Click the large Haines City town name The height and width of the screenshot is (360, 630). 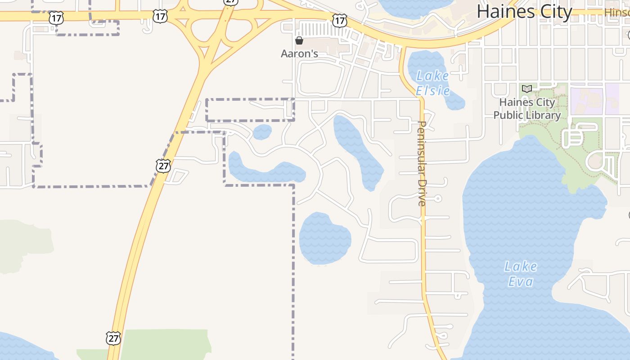pos(524,12)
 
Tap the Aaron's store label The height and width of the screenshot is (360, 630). pos(299,54)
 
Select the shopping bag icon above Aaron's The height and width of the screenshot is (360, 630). pos(299,41)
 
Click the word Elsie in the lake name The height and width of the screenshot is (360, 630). pos(432,91)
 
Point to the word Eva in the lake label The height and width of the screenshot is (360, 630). pos(521,282)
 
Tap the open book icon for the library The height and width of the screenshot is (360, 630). pos(527,89)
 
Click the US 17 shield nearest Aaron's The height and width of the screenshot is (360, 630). pos(340,20)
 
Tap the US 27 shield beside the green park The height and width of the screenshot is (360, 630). pos(113,338)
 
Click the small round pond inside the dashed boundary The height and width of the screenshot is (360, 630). pos(262,132)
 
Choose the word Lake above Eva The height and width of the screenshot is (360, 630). pos(521,267)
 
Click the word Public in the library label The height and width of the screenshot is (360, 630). pos(509,115)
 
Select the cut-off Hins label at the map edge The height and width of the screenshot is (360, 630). pos(617,12)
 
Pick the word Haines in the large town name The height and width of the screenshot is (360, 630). pos(504,12)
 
